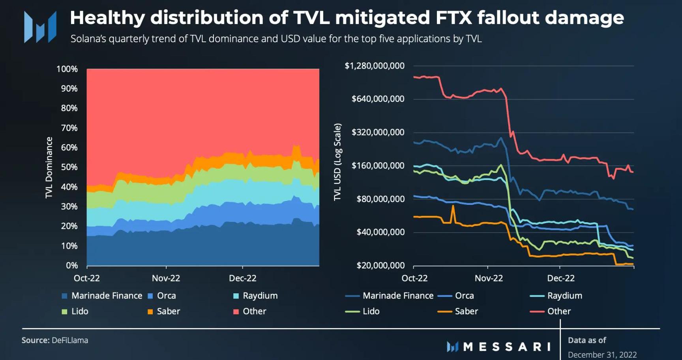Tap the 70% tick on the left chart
[69, 128]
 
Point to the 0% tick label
[71, 265]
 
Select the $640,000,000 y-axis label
[378, 99]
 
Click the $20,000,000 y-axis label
[380, 265]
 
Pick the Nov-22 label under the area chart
[166, 278]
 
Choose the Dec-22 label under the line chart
[560, 278]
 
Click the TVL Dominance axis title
[49, 167]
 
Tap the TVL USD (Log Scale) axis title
[337, 162]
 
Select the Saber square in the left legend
[150, 312]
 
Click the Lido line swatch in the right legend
[352, 312]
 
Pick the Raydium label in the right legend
[564, 296]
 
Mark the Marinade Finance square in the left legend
[64, 296]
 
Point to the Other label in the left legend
[254, 311]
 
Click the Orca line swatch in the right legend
[444, 296]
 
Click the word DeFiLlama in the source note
[70, 340]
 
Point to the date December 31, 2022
[602, 354]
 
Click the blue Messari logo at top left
[40, 27]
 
